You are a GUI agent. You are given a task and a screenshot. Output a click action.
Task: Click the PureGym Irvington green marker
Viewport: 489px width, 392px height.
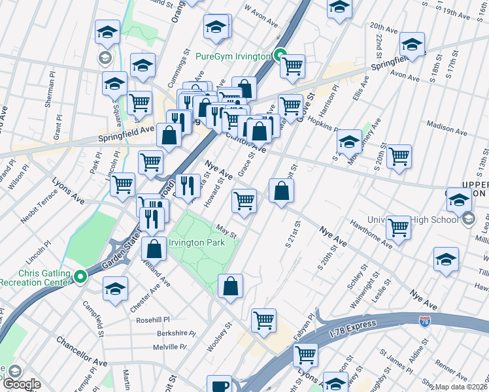point(280,56)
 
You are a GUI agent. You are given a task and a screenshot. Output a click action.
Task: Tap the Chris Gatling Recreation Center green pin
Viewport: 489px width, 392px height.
point(80,277)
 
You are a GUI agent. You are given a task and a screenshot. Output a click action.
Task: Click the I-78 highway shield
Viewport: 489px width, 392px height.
point(425,321)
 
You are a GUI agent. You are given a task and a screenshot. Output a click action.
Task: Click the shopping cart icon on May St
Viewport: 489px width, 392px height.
point(244,201)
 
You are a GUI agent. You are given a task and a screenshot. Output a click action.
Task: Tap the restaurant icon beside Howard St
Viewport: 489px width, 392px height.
point(188,186)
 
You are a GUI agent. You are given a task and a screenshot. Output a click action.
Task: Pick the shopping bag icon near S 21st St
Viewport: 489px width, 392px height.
point(281,191)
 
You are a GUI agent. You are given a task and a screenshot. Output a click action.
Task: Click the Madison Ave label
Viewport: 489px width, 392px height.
point(446,127)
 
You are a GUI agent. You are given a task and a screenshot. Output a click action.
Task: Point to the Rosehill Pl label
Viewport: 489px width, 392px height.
point(152,320)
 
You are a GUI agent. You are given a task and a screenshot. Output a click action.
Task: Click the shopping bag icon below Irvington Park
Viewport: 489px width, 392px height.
point(231,286)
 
